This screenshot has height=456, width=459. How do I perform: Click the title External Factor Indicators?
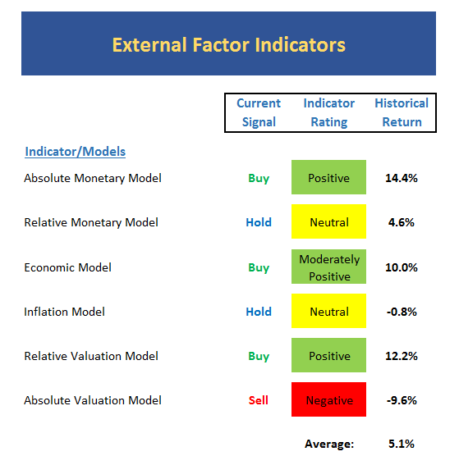228,45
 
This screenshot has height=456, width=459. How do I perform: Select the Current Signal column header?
259,112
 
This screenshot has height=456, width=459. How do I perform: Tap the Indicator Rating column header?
329,112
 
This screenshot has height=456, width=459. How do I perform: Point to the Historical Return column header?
402,112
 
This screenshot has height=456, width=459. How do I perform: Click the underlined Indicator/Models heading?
76,152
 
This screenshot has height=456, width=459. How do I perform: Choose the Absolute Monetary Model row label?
93,178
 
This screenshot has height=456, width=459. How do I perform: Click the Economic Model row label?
67,267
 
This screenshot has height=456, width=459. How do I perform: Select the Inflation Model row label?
64,312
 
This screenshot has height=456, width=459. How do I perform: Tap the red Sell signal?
259,400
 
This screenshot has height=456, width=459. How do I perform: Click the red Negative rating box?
328,399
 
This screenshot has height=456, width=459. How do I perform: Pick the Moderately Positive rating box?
328,267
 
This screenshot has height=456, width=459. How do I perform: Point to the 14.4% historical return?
402,178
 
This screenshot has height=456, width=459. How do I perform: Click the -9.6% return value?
402,400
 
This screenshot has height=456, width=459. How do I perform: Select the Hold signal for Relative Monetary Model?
259,222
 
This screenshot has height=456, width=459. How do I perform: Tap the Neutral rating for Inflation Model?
328,311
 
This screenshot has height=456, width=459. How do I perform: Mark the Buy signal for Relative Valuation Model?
259,356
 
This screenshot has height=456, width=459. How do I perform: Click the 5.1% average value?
402,444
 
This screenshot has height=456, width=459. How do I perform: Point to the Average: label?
329,444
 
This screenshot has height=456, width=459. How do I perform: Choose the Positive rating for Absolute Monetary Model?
328,177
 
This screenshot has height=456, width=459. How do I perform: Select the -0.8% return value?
402,312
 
